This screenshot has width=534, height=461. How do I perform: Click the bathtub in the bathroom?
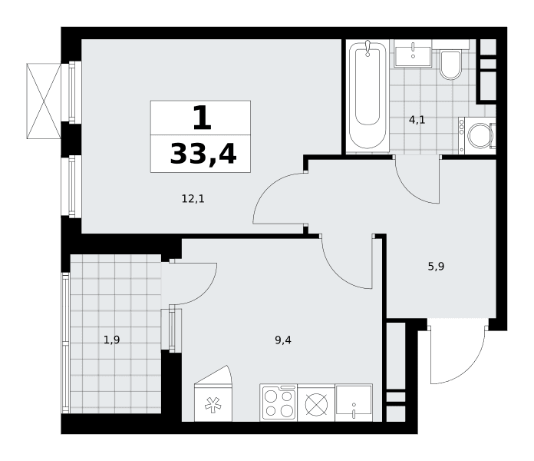[x=368, y=96]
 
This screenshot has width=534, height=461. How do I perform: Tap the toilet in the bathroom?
[x=450, y=65]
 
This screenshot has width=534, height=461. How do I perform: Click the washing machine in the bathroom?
[x=477, y=135]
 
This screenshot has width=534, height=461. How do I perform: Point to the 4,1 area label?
[x=417, y=120]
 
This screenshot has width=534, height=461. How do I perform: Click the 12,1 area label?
[x=193, y=198]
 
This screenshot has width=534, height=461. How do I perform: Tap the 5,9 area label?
[x=436, y=267]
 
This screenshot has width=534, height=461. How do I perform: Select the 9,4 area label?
[x=283, y=340]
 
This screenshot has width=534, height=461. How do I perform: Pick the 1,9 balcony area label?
[x=112, y=340]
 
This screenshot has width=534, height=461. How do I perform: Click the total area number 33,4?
[x=203, y=154]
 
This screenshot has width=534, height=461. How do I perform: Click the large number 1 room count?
[x=203, y=118]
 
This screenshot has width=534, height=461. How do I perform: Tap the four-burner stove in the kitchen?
[x=279, y=403]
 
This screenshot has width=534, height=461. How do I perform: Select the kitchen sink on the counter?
[x=354, y=403]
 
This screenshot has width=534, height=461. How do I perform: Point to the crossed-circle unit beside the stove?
[x=316, y=404]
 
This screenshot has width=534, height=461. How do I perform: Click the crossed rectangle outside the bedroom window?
[x=44, y=101]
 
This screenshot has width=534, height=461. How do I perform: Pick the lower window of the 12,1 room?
[x=71, y=186]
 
